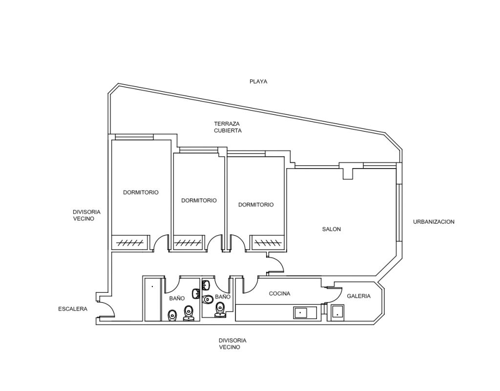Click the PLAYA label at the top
258,82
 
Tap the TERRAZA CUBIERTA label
228,127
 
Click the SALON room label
332,229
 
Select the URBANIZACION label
434,222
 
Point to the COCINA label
280,294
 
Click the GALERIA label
359,296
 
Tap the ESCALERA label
73,309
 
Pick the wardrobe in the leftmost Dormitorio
130,242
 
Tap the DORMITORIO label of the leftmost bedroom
141,193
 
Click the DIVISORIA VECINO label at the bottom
232,344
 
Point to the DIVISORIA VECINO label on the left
86,216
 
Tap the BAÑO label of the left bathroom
177,298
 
